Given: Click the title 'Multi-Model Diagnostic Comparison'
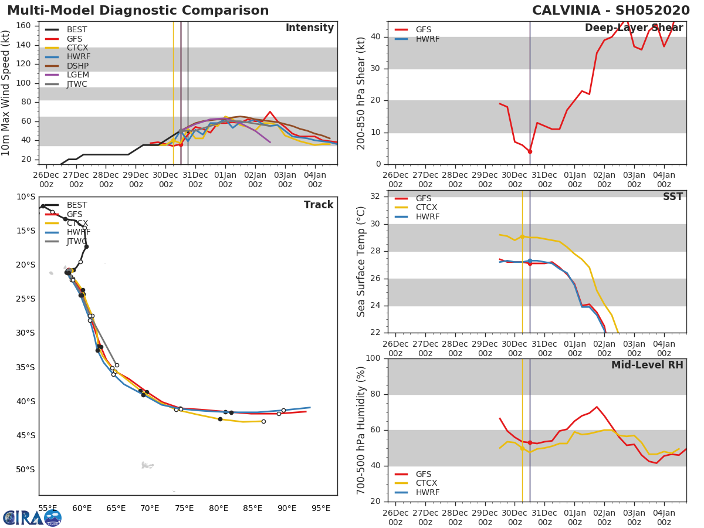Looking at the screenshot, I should click(138, 11).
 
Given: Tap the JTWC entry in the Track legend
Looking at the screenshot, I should click(77, 242).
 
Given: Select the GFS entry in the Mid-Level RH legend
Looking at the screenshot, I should click(424, 474).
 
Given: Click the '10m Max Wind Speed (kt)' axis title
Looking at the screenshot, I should click(6, 93).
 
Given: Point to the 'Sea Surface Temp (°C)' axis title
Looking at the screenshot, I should click(361, 262).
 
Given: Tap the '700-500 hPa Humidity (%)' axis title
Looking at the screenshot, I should click(361, 430).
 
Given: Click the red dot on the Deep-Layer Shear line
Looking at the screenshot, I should click(530, 151).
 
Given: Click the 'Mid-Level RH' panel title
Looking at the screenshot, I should click(647, 365).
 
